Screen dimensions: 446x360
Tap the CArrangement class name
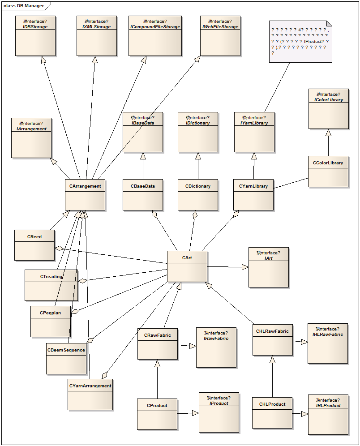pyautogui.click(x=85, y=186)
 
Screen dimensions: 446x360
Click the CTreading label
pyautogui.click(x=51, y=277)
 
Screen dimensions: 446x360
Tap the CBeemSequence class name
pyautogui.click(x=66, y=350)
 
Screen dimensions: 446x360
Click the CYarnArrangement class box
pyautogui.click(x=90, y=395)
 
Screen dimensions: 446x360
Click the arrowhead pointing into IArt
pyautogui.click(x=245, y=267)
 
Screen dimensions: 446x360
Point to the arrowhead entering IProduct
pyautogui.click(x=195, y=413)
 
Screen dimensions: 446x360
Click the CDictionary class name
pyautogui.click(x=197, y=186)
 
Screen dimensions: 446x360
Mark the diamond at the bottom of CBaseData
pyautogui.click(x=155, y=214)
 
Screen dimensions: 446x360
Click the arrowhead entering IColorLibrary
pyautogui.click(x=328, y=133)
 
